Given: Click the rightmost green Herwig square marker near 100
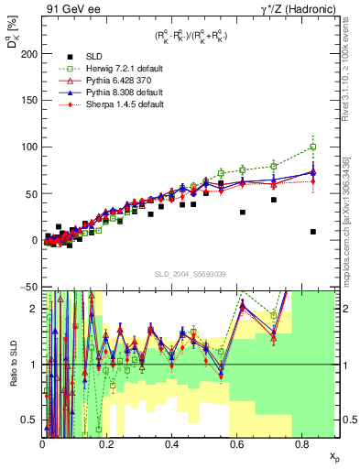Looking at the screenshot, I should coord(313,147).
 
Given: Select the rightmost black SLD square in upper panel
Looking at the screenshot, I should coord(313,232).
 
